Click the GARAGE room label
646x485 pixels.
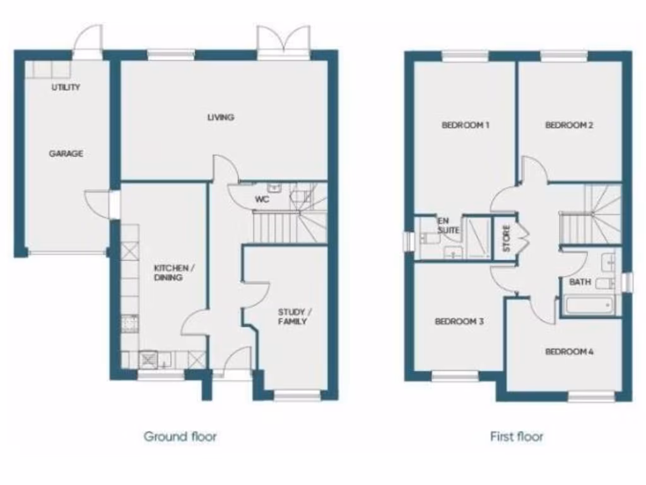66,153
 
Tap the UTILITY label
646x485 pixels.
66,87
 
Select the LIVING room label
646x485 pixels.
221,117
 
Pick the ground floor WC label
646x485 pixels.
262,200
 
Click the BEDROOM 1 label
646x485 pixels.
466,125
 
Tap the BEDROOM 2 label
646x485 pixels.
569,125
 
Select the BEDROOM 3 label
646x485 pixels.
459,321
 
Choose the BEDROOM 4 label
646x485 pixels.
569,352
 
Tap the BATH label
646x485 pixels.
580,282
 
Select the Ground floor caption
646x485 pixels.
180,436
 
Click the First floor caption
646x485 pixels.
517,436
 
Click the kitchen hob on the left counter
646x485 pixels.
130,323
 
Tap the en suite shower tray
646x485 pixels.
478,237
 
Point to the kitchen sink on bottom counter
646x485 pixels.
150,359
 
